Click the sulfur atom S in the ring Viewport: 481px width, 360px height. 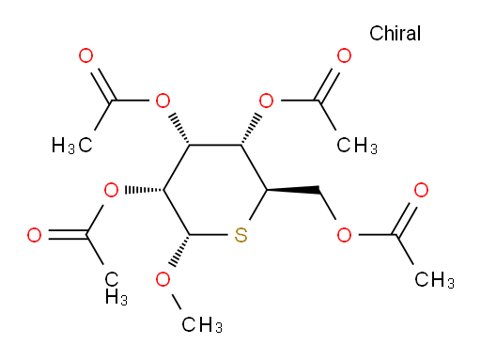240,235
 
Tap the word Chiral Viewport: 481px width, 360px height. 395,33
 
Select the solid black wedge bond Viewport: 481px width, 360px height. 293,190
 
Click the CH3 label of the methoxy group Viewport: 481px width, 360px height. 202,324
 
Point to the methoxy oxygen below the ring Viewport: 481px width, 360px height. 163,279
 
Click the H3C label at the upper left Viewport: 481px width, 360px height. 72,146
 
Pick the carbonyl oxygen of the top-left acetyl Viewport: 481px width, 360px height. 85,56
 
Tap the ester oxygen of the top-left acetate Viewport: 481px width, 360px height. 163,101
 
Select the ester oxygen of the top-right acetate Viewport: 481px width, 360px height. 266,101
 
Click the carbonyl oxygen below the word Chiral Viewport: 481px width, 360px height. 344,56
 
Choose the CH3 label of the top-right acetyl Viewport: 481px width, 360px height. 357,146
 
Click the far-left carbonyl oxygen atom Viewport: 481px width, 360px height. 34,235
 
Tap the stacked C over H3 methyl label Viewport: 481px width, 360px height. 116,289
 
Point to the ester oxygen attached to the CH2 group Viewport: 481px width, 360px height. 344,235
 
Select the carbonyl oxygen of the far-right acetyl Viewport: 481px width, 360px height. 421,190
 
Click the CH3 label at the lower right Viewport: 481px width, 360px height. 434,279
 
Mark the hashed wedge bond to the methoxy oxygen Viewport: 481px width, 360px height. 180,251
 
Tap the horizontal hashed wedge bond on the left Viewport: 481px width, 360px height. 144,190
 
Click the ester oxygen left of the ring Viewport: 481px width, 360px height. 111,190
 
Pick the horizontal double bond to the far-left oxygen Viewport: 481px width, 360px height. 68,235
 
